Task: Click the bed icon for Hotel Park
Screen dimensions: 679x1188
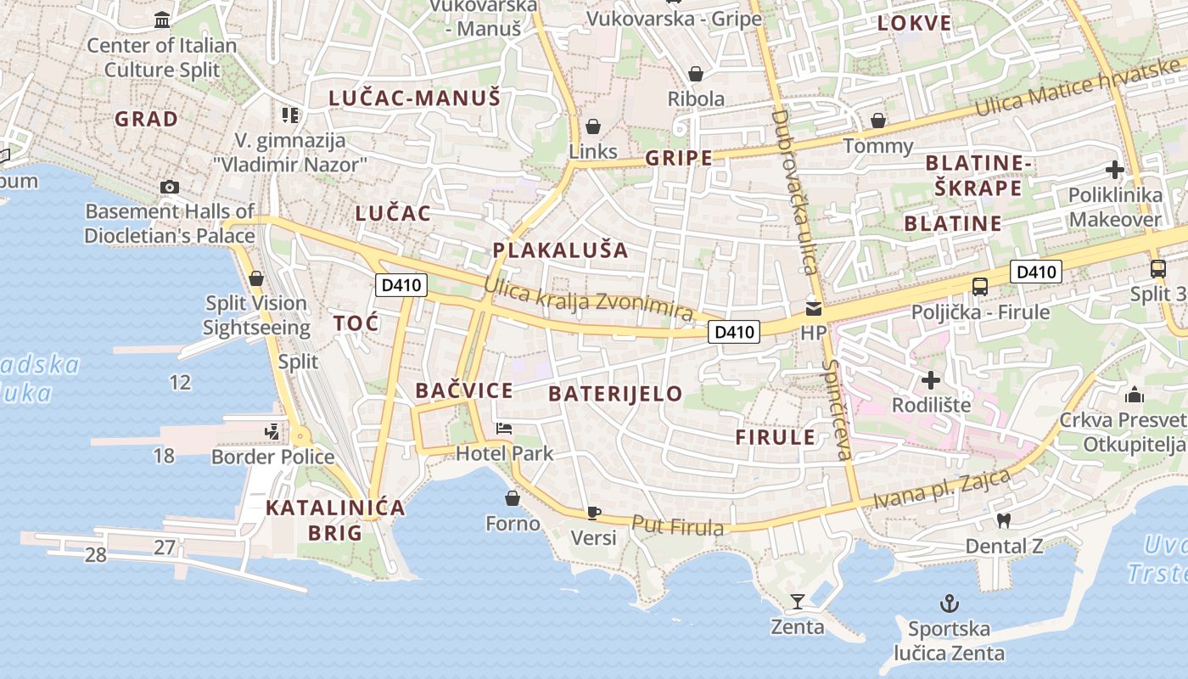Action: [x=504, y=429]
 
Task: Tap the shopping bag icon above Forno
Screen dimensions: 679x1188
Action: [x=513, y=497]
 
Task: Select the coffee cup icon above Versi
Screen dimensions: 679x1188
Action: [x=593, y=513]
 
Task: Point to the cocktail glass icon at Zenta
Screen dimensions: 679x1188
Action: [x=797, y=602]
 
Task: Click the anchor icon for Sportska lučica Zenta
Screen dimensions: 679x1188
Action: [x=949, y=604]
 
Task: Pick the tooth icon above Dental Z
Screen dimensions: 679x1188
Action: [x=1003, y=520]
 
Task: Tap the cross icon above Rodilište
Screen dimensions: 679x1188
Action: [x=931, y=380]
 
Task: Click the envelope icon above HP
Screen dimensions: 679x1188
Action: [x=813, y=309]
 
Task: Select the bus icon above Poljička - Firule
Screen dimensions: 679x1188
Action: [x=980, y=287]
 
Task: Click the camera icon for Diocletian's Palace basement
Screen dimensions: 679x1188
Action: [x=169, y=187]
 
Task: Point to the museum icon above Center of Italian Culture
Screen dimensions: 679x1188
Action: [x=162, y=20]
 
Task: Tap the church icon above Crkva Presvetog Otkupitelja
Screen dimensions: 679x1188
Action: [x=1134, y=395]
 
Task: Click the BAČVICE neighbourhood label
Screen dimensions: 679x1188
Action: [x=463, y=390]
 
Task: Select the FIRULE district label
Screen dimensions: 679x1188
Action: [x=775, y=438]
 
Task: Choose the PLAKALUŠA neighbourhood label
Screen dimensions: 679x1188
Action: [x=560, y=250]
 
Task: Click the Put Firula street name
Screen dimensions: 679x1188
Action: [x=678, y=526]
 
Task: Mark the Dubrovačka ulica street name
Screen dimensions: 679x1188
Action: [x=795, y=191]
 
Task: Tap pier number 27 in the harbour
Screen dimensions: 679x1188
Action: [x=164, y=547]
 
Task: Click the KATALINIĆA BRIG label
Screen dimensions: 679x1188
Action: [x=335, y=520]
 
